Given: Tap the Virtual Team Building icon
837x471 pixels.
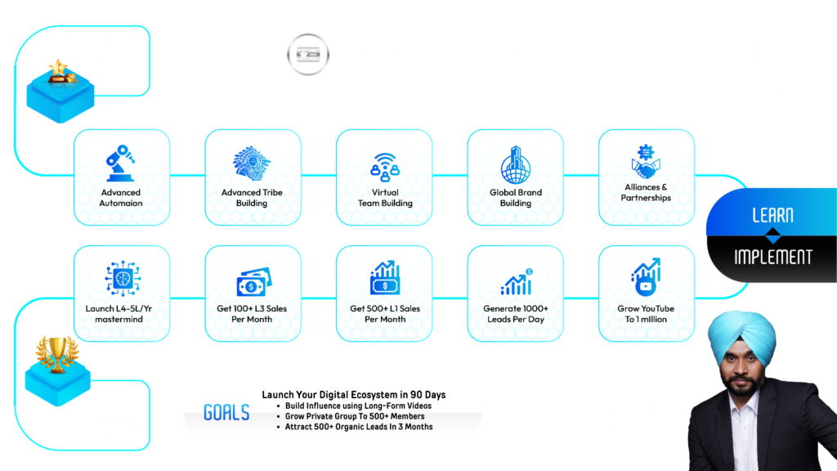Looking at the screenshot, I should coord(384,164).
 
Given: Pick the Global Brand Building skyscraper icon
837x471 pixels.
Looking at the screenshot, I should coord(516,164).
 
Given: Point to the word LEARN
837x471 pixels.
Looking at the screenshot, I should coord(772,216).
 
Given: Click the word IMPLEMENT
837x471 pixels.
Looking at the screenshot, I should coord(772,257).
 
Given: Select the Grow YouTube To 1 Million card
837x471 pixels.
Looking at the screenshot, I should coord(647,294).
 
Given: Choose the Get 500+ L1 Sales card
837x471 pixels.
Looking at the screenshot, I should coord(384,294).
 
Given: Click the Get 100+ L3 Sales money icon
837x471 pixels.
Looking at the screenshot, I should coord(253,282).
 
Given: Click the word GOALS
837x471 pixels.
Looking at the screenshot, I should coord(226,412).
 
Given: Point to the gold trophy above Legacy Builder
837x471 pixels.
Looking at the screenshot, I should coord(56,352).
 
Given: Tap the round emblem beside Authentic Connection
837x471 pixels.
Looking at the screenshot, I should coord(308,54).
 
